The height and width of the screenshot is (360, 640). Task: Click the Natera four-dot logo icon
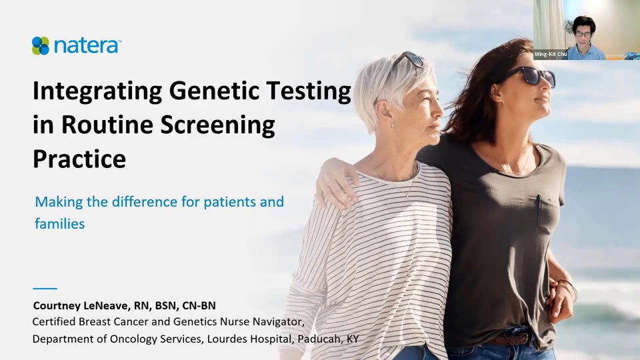pos(41,45)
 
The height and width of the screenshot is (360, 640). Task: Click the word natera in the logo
pos(87,46)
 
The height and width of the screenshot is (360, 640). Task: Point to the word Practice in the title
pos(79,159)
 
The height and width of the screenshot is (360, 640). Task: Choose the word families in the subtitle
pos(60,224)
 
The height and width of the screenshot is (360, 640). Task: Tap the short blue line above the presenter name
pos(45,288)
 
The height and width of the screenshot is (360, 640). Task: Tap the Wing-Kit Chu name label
pos(550,54)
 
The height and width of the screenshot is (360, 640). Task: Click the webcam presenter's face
pos(583,33)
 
